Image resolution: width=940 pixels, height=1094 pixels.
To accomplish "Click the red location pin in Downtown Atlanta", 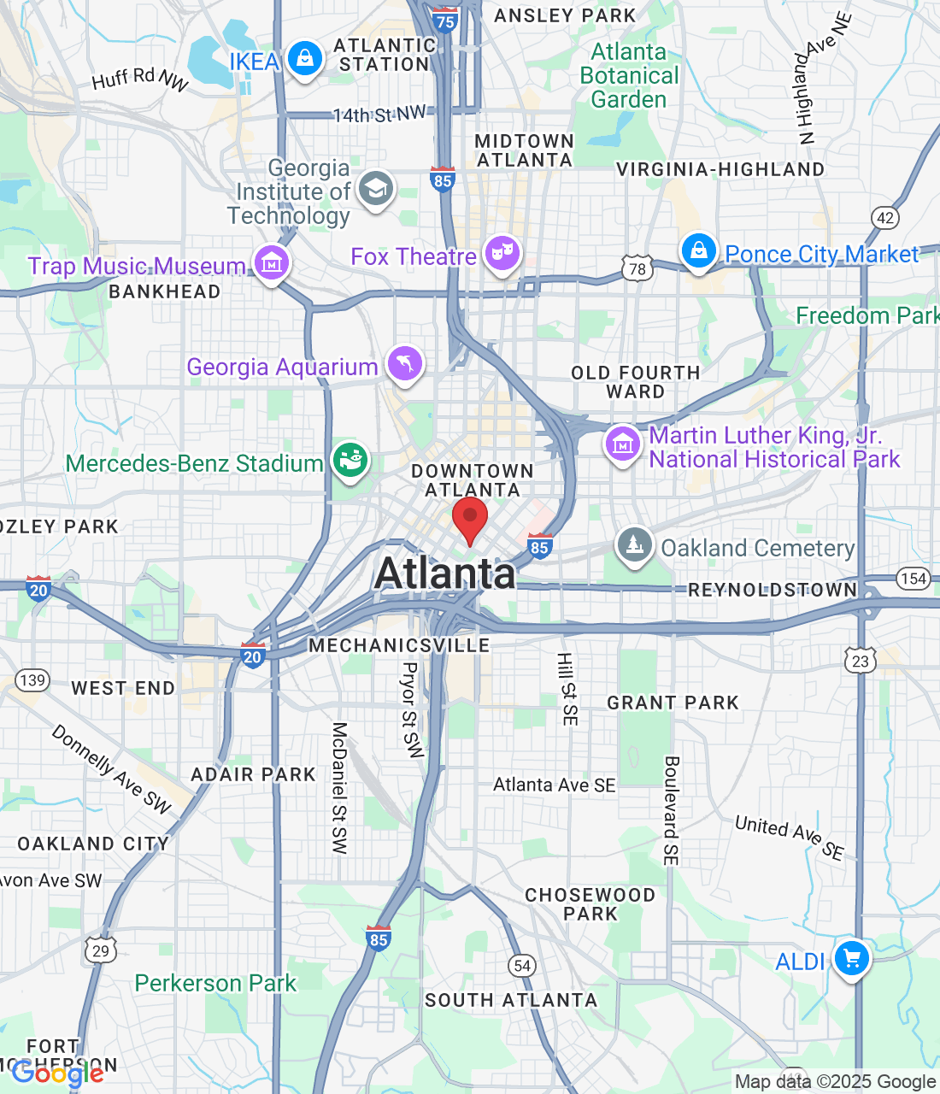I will tap(469, 518).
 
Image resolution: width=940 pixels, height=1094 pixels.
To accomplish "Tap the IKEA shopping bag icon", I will tap(304, 59).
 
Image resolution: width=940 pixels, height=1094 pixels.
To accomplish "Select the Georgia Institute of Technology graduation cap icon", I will tap(375, 188).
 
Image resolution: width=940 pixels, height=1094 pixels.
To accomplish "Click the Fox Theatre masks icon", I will tap(502, 253).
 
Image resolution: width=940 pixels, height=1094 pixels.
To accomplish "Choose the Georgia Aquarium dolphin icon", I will tap(405, 364).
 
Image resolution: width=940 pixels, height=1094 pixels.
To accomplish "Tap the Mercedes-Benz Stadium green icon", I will tap(350, 461).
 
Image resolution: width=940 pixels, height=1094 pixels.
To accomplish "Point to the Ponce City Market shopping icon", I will tap(699, 251).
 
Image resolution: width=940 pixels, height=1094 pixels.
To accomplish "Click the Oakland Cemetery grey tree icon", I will tap(634, 544).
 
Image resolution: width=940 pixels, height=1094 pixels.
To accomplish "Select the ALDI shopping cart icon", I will tap(851, 958).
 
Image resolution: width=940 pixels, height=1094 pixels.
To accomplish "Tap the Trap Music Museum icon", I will tap(272, 263).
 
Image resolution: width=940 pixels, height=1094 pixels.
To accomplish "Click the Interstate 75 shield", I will tap(445, 21).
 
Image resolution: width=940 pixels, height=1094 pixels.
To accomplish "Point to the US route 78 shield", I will tap(637, 269).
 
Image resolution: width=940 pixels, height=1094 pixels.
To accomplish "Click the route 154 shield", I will tap(914, 579).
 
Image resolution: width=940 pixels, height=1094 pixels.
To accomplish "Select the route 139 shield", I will tap(32, 680).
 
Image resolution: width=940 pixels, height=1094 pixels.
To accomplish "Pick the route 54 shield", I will tap(522, 966).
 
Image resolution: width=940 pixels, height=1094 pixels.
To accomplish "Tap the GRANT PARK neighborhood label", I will tap(673, 703).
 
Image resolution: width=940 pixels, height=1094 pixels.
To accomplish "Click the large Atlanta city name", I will tap(445, 573).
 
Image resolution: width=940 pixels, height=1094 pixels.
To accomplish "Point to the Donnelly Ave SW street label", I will tap(112, 768).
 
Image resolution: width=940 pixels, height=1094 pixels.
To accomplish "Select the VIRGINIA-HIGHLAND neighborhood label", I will tap(720, 169).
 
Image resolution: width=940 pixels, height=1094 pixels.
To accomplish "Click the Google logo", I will tap(57, 1073).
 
